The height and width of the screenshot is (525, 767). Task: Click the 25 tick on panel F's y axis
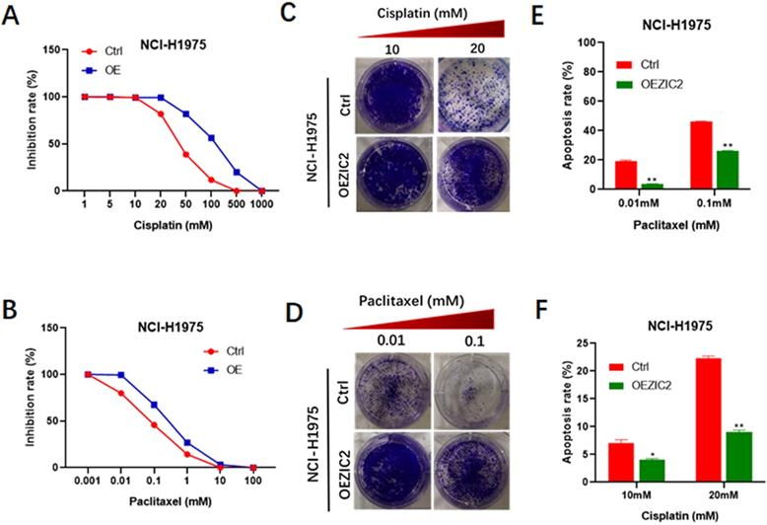[x=589, y=342]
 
